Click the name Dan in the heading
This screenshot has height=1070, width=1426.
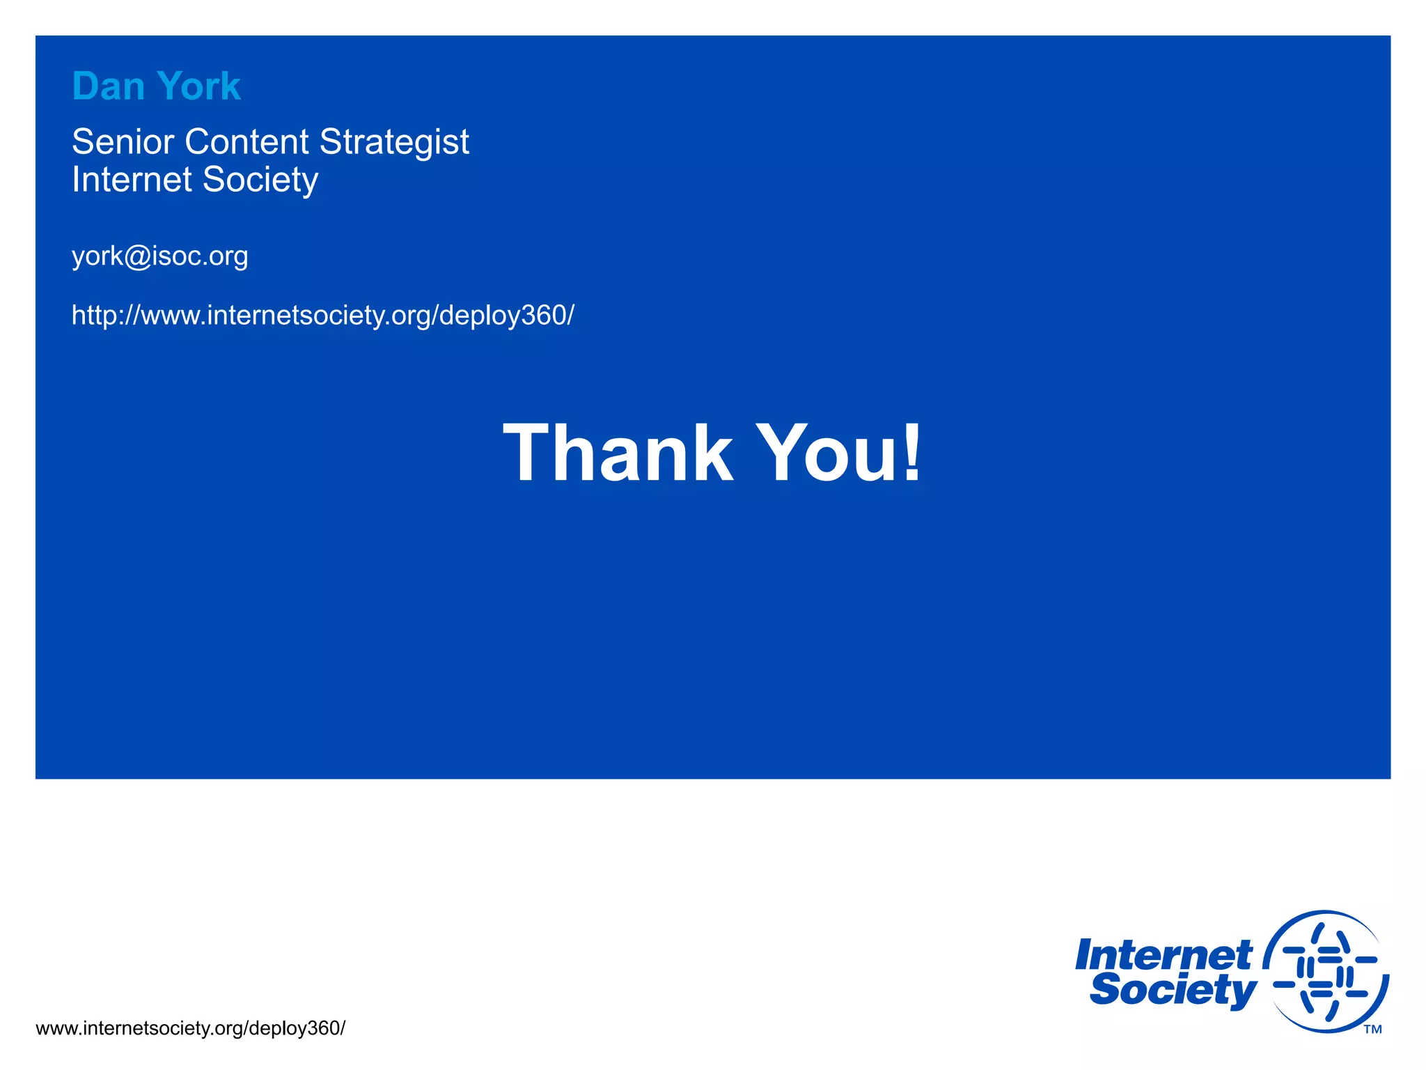[x=108, y=86]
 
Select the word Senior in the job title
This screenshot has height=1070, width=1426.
[x=123, y=142]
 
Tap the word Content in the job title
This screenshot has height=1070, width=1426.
[x=246, y=142]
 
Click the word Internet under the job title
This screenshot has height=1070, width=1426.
[x=132, y=180]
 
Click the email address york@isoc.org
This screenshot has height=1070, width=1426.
[x=159, y=256]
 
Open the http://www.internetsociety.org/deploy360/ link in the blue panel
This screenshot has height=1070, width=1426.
[x=323, y=316]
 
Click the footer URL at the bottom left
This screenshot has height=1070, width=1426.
[x=190, y=1028]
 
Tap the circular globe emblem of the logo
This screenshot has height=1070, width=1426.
[x=1326, y=971]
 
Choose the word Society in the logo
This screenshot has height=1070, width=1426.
[x=1173, y=989]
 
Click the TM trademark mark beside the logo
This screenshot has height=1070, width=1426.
[x=1372, y=1029]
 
